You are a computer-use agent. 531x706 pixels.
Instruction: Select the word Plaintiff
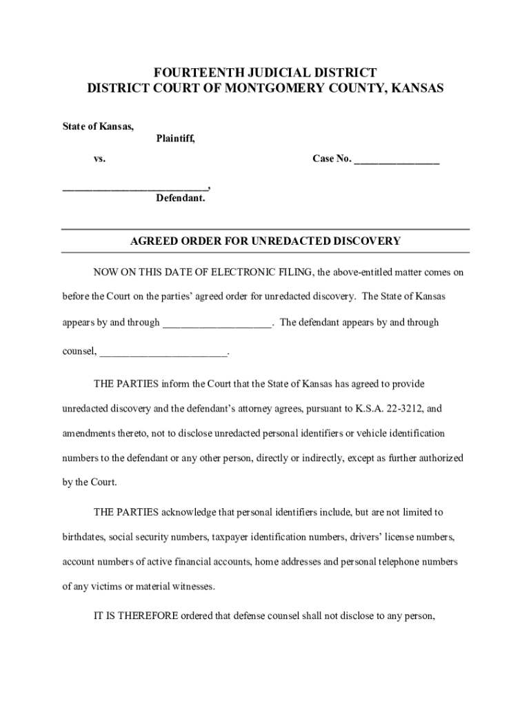pos(175,139)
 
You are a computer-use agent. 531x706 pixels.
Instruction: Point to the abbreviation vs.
pos(100,159)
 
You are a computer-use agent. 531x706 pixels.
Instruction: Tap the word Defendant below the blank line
pos(180,199)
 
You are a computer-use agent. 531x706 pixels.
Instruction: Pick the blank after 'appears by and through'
pos(217,323)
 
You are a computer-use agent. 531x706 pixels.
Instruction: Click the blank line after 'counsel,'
pos(163,352)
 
